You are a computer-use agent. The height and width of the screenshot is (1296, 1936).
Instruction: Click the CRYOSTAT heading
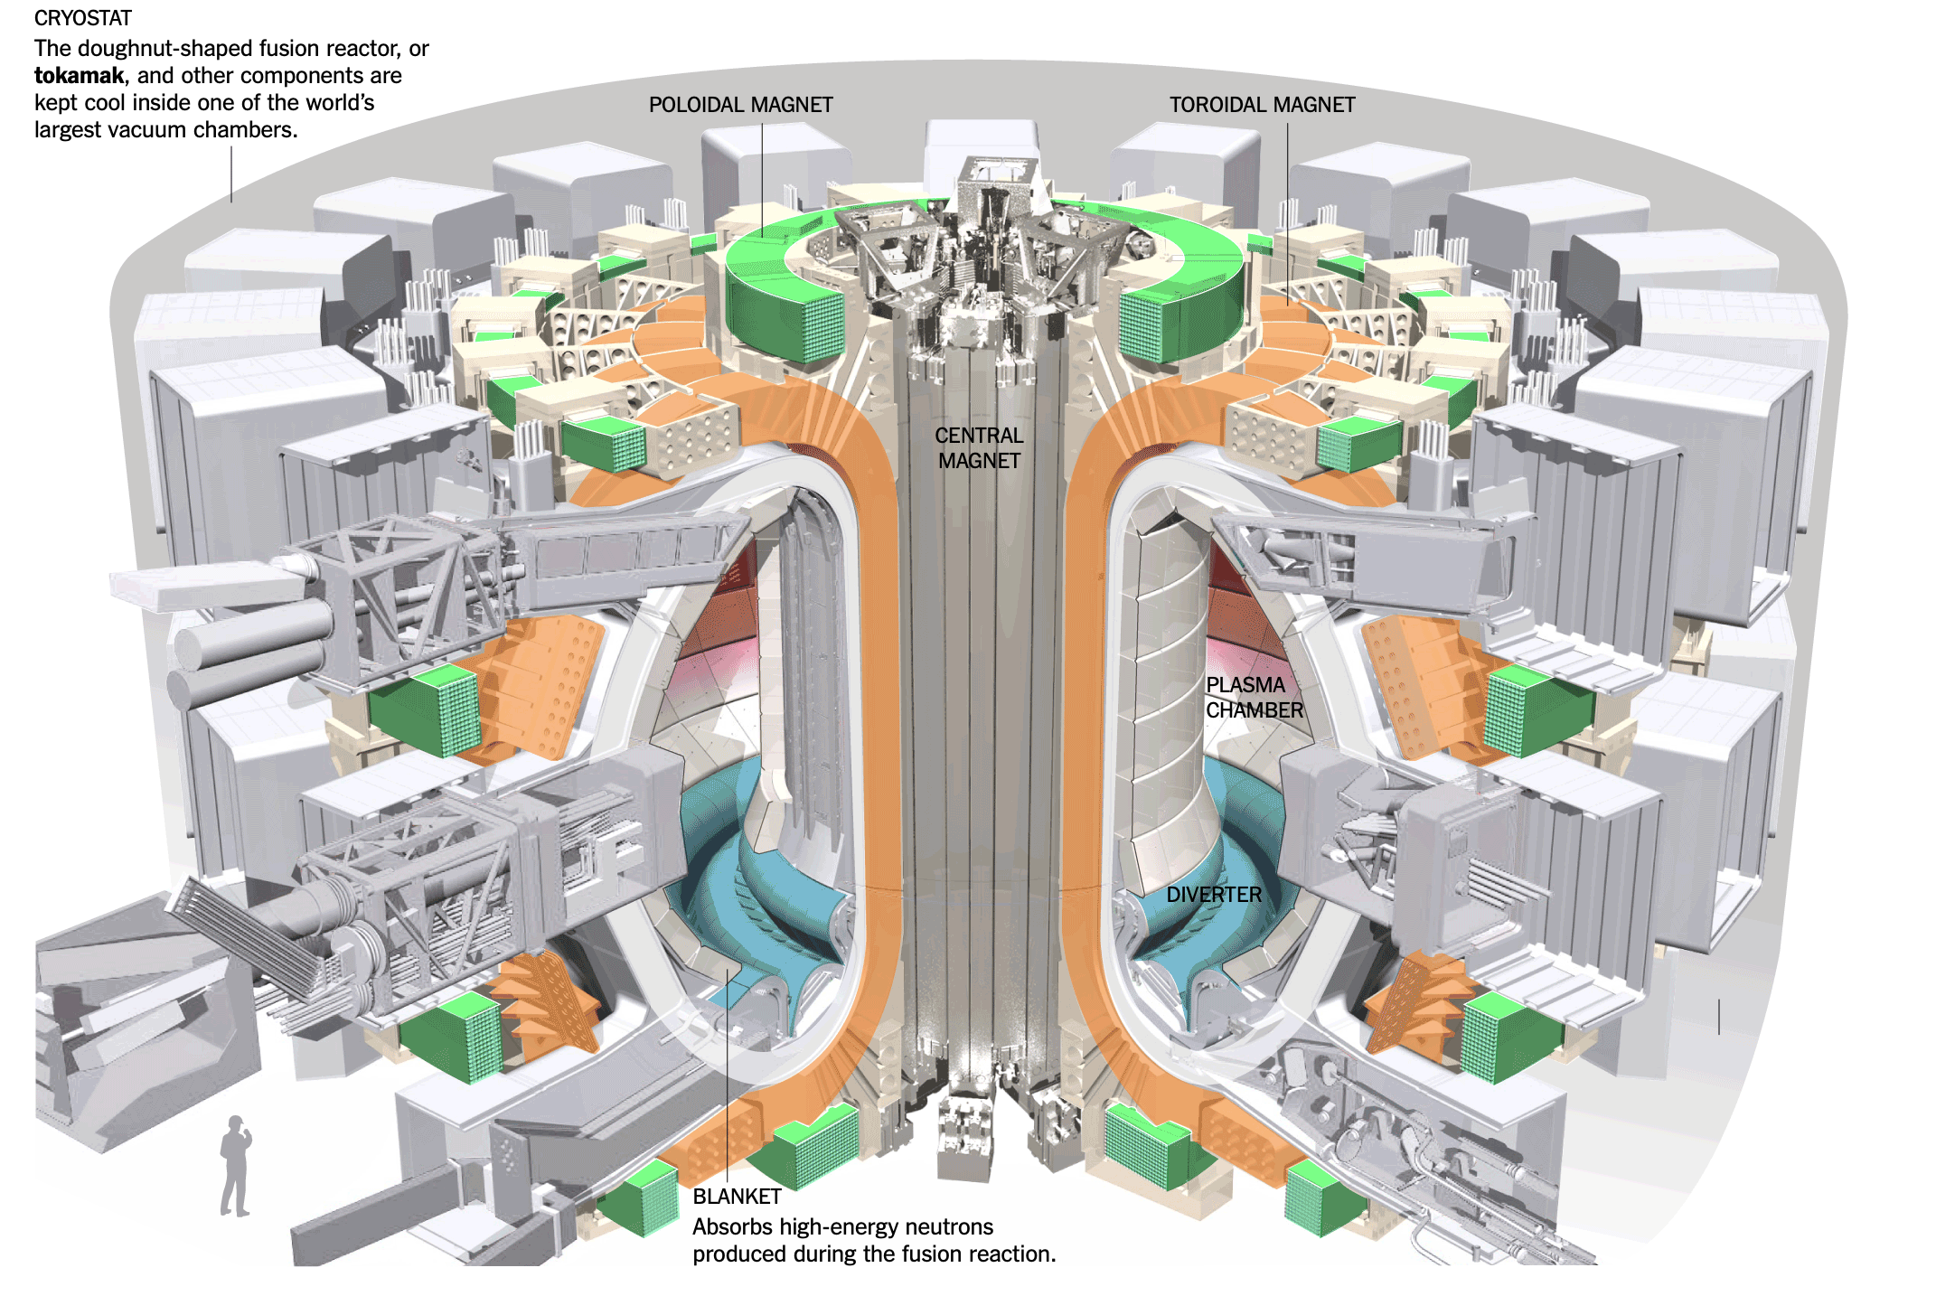(x=82, y=18)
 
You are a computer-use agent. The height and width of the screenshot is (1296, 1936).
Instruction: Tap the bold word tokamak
(x=79, y=76)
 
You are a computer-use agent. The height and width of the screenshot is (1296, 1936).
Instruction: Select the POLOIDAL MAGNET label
(x=740, y=105)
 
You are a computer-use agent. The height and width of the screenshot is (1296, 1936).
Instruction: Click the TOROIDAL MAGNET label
(x=1262, y=105)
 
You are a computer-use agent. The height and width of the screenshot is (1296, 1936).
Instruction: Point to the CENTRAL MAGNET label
(x=979, y=448)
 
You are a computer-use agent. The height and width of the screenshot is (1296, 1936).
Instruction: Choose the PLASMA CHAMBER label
(x=1254, y=698)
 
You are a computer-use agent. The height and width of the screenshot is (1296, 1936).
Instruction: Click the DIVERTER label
(x=1213, y=895)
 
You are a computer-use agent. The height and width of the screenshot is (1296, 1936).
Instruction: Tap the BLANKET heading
(x=737, y=1197)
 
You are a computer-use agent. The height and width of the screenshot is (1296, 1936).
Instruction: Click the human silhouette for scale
(x=235, y=1166)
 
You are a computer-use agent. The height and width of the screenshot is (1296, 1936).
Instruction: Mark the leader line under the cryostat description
(x=231, y=174)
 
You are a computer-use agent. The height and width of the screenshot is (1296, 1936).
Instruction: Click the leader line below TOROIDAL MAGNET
(x=1287, y=212)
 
